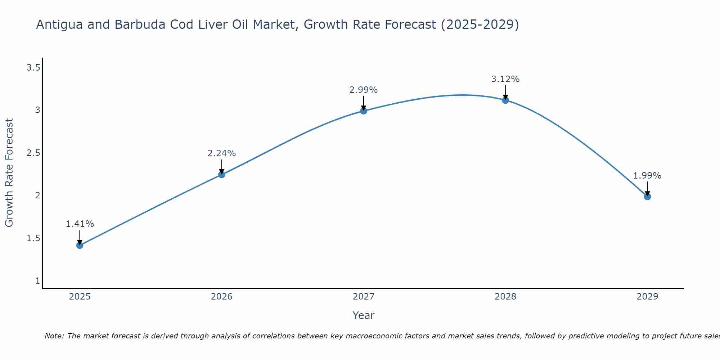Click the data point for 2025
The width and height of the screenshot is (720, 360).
pos(80,246)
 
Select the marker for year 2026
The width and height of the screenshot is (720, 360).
pos(222,175)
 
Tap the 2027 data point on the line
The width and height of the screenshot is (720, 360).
pos(364,111)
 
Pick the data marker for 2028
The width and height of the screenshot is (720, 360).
pos(505,100)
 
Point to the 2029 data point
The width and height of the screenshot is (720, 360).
pos(647,197)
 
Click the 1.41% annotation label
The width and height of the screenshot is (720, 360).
pos(80,224)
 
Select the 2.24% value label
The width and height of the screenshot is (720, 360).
pos(222,153)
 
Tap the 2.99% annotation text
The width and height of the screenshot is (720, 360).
pos(364,90)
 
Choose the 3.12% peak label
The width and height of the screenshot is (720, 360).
pos(505,79)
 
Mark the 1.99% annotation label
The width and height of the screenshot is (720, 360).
pos(647,176)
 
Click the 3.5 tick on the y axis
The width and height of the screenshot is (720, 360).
pos(33,67)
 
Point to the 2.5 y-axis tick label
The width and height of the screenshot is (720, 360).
pos(33,153)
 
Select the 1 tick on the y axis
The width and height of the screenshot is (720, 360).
pos(37,281)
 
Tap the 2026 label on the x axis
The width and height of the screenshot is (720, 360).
pos(222,297)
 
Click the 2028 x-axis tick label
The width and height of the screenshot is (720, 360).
pos(505,297)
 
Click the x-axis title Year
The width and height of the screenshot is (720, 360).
pos(364,315)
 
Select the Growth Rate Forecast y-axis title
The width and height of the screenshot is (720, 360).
pos(9,173)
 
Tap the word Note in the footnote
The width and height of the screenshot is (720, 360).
pos(54,336)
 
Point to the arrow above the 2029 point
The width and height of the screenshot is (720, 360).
pos(647,188)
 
